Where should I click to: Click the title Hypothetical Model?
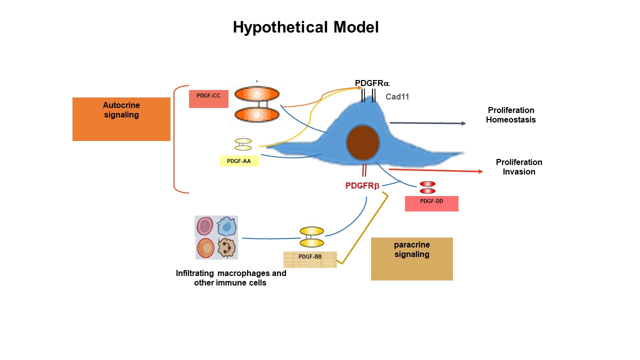(305, 27)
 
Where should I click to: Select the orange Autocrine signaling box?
(121, 119)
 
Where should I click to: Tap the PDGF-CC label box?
(208, 98)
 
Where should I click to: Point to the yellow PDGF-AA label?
(239, 161)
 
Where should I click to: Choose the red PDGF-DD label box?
(431, 203)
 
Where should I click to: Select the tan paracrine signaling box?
(411, 258)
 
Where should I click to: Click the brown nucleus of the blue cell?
(363, 141)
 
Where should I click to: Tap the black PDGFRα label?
(372, 83)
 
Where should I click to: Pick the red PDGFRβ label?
(362, 186)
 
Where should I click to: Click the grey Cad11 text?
(397, 97)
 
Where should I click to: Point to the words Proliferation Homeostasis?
(510, 115)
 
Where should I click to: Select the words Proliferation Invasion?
(519, 167)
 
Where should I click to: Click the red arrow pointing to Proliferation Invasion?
(435, 170)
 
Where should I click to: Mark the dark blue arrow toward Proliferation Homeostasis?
(427, 123)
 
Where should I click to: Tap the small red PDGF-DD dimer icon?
(427, 187)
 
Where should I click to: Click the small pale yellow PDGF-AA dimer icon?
(243, 144)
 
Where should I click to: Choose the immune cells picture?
(216, 237)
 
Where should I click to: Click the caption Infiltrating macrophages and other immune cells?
(230, 278)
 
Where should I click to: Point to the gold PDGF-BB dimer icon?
(311, 237)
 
